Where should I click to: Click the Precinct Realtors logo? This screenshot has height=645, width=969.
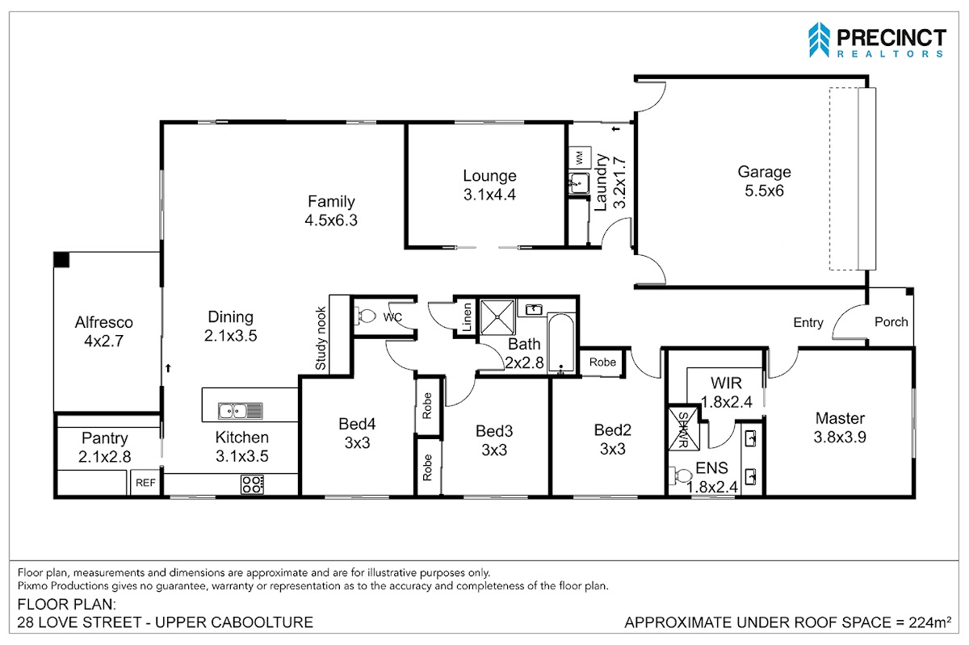point(877,40)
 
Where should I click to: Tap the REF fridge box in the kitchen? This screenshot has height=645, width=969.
point(145,483)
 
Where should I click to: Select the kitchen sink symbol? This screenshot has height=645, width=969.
point(240,411)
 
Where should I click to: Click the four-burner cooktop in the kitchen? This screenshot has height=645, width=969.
point(252,484)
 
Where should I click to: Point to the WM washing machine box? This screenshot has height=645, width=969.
point(580,158)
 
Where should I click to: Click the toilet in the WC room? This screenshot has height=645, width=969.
point(365,316)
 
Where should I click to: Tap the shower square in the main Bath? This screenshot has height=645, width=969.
point(497,317)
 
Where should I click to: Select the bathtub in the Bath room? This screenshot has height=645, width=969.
point(560,342)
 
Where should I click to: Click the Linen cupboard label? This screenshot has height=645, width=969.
point(467,317)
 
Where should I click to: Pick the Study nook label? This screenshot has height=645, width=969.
point(321,338)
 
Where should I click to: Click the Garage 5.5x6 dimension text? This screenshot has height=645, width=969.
point(764,191)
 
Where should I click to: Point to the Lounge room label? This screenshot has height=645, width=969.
point(489,176)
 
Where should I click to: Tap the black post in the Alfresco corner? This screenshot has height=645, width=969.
point(61,260)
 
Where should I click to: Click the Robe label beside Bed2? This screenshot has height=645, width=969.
point(602,362)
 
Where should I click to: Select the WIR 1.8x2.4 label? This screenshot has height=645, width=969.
point(726,392)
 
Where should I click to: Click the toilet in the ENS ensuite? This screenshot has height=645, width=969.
point(681,475)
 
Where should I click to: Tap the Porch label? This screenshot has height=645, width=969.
point(891,322)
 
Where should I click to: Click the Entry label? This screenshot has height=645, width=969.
point(808,323)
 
